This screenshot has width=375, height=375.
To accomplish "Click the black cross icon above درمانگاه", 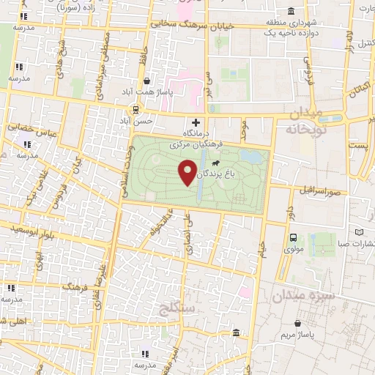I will click(x=196, y=122).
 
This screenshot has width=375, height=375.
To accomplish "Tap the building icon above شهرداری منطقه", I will click(x=292, y=12).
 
